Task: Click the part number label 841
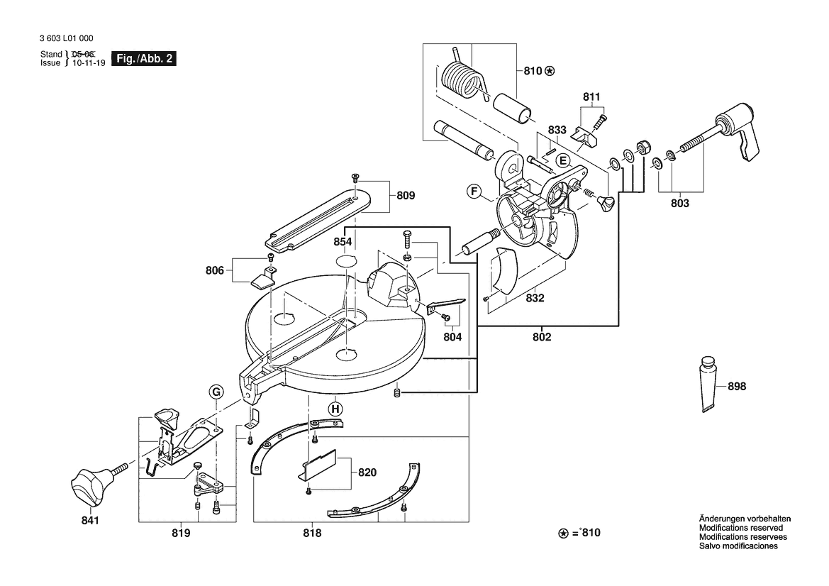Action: pos(90,521)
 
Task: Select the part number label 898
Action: pos(737,387)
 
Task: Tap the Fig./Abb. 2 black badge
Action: pos(144,59)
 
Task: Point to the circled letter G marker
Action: pos(216,392)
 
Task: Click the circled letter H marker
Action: pos(335,409)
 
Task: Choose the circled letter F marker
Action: pos(474,192)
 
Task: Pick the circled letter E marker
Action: pos(563,161)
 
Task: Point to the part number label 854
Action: pos(343,242)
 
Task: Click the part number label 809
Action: pos(406,196)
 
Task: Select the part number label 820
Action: pos(367,472)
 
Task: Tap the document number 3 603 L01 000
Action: pos(67,38)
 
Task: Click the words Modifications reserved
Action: pos(740,528)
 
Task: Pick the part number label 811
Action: pos(591,96)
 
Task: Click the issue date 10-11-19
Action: pos(89,63)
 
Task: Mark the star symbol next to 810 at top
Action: pos(550,71)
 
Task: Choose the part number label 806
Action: pos(215,271)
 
